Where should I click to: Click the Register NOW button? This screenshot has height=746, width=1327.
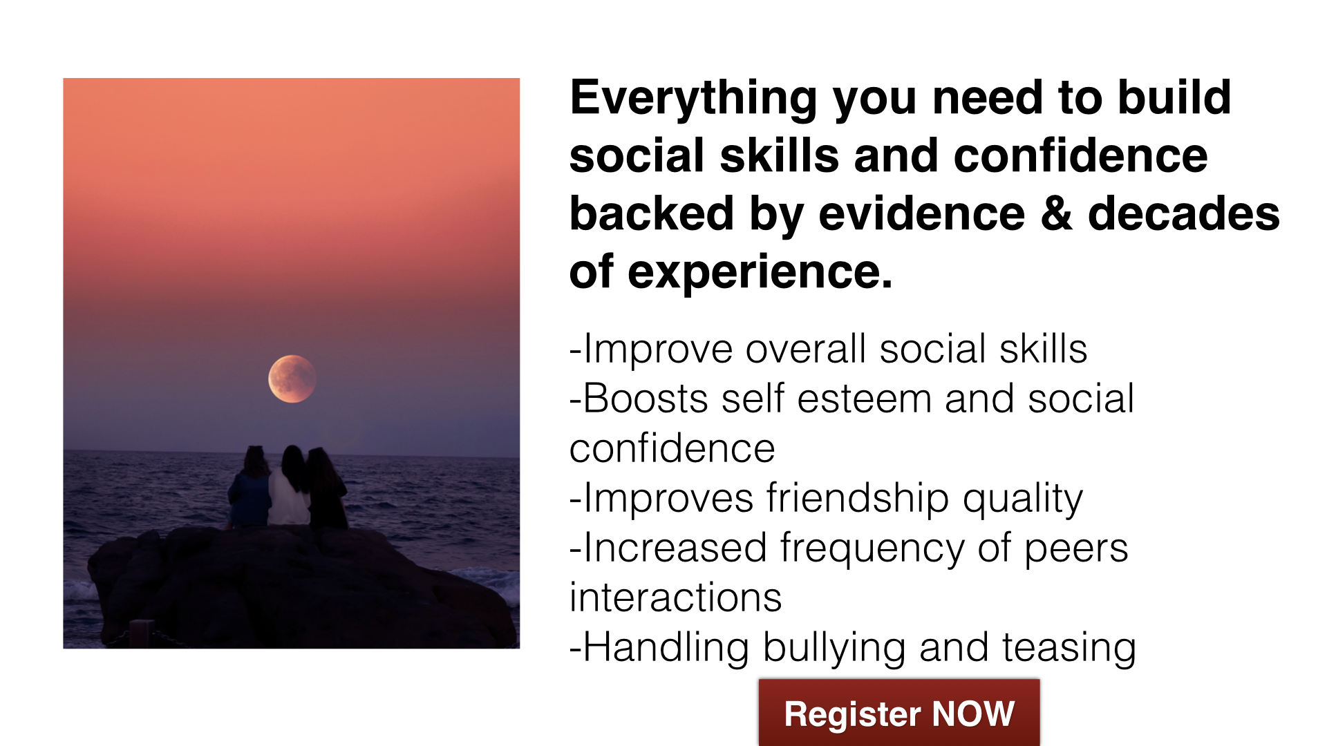[x=899, y=713]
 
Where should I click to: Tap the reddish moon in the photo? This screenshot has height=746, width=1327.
[x=292, y=379]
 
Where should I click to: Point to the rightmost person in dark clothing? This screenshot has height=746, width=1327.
[x=327, y=489]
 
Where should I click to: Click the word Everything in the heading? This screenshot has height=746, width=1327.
[x=694, y=99]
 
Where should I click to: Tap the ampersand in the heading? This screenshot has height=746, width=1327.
[x=1056, y=213]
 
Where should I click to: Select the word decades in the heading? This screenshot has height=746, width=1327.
[x=1184, y=213]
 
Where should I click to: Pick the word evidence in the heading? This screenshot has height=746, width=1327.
[x=921, y=213]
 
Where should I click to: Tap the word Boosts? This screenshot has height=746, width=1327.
[x=646, y=399]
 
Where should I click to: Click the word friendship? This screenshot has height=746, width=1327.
[x=857, y=498]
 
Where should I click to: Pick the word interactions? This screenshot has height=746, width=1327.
[x=675, y=597]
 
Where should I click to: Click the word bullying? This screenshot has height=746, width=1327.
[x=834, y=649]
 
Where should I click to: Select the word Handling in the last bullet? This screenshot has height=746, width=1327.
[x=666, y=648]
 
